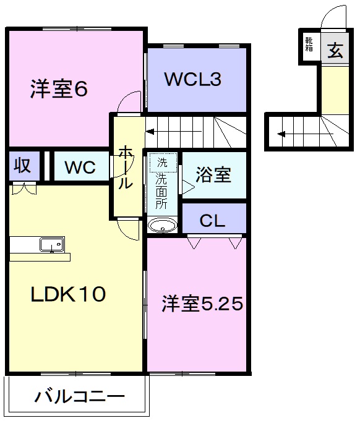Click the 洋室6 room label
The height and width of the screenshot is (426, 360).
coord(59,90)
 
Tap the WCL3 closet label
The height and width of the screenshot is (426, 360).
coord(192,80)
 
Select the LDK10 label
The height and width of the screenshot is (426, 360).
coord(68,294)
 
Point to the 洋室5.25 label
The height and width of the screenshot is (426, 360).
coord(202,304)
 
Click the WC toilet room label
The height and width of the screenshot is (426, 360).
coord(80,167)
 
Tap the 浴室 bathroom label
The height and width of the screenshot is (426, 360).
coord(213,175)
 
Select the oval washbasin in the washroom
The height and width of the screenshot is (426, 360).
coord(162,226)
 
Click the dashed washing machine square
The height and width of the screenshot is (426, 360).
coord(162,163)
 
